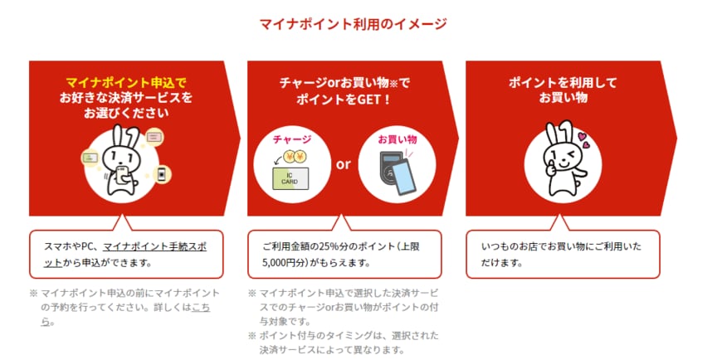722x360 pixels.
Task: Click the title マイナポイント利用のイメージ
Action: (354, 23)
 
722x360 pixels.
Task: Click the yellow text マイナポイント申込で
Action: (124, 83)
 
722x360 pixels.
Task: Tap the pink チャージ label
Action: (292, 140)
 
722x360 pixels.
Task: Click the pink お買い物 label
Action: (398, 140)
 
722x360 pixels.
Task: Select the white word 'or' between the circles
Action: (344, 164)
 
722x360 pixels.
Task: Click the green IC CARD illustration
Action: (291, 178)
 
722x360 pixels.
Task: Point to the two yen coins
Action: (296, 158)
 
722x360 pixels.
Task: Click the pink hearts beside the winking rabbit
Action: (583, 140)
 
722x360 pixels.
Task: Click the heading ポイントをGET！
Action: (344, 100)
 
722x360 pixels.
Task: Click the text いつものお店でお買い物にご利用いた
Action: (561, 246)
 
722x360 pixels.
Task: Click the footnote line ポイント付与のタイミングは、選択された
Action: (349, 335)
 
